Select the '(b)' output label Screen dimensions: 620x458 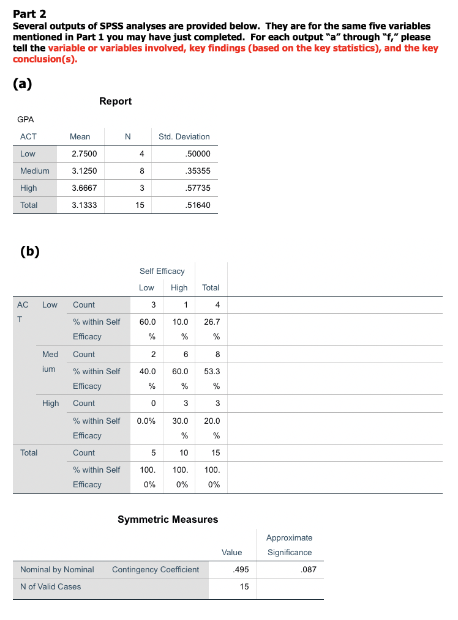pos(29,251)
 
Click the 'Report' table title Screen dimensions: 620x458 pos(115,101)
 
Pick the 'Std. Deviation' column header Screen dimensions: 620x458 pos(184,136)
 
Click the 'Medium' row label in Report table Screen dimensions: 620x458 pos(35,171)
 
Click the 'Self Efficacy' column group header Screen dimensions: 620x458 pos(162,270)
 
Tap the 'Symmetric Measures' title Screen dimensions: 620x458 pos(168,519)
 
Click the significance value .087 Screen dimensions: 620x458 pos(307,569)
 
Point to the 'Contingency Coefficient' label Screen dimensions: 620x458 pos(156,569)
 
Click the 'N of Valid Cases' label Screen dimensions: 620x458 pos(50,586)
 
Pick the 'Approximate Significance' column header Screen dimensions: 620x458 pos(290,545)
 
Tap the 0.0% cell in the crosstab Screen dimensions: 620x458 pos(146,421)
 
